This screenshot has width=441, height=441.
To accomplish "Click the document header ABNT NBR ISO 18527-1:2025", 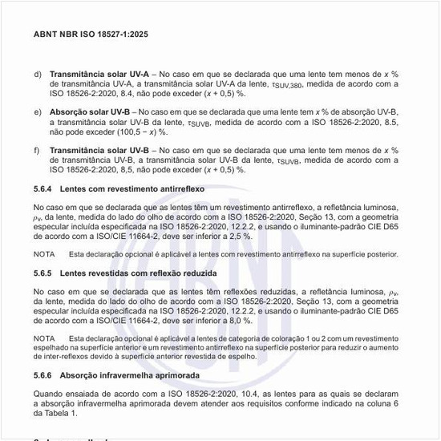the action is pyautogui.click(x=91, y=35).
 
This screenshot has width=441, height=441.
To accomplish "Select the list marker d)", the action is pyautogui.click(x=38, y=74).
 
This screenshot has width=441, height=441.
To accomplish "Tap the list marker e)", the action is pyautogui.click(x=38, y=111).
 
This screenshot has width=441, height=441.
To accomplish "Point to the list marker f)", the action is pyautogui.click(x=37, y=150).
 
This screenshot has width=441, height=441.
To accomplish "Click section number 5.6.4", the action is pyautogui.click(x=43, y=188).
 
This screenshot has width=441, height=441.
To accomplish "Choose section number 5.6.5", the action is pyautogui.click(x=43, y=273).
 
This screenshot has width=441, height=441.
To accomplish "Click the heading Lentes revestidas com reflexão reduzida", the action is pyautogui.click(x=138, y=273).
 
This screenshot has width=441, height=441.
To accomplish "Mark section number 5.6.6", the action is pyautogui.click(x=43, y=375).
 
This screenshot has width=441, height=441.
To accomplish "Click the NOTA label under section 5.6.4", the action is pyautogui.click(x=44, y=254).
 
